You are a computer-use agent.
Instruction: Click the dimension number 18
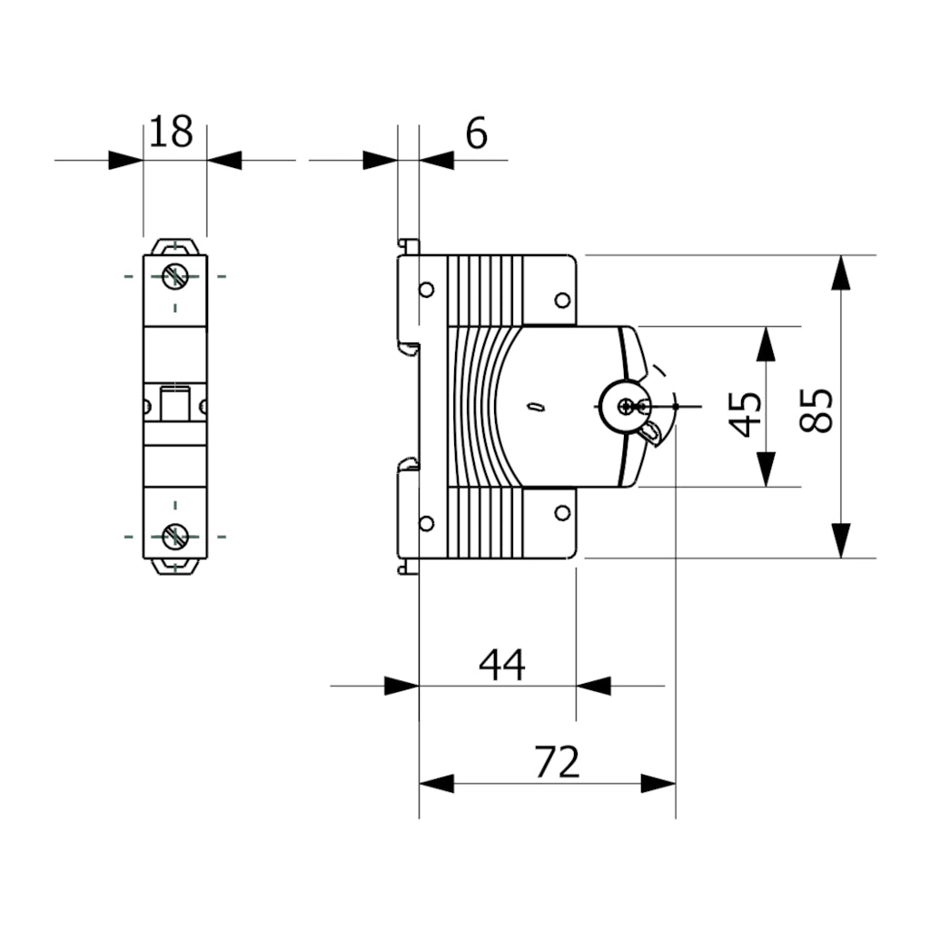172,133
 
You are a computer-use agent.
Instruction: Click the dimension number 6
476,134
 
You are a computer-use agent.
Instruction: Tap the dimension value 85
818,411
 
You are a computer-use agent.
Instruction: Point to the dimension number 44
502,665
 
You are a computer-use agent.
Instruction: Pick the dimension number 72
557,763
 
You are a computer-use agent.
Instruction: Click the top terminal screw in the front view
175,275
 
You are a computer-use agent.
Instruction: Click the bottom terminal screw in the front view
175,537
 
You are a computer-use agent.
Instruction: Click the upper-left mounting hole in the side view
426,291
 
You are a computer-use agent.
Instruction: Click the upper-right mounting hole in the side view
562,301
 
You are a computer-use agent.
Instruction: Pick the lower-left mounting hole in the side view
426,522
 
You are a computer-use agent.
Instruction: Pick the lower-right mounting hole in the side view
562,513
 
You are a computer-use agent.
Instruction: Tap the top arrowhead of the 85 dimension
842,272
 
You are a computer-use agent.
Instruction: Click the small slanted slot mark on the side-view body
536,408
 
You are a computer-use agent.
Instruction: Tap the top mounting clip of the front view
175,247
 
